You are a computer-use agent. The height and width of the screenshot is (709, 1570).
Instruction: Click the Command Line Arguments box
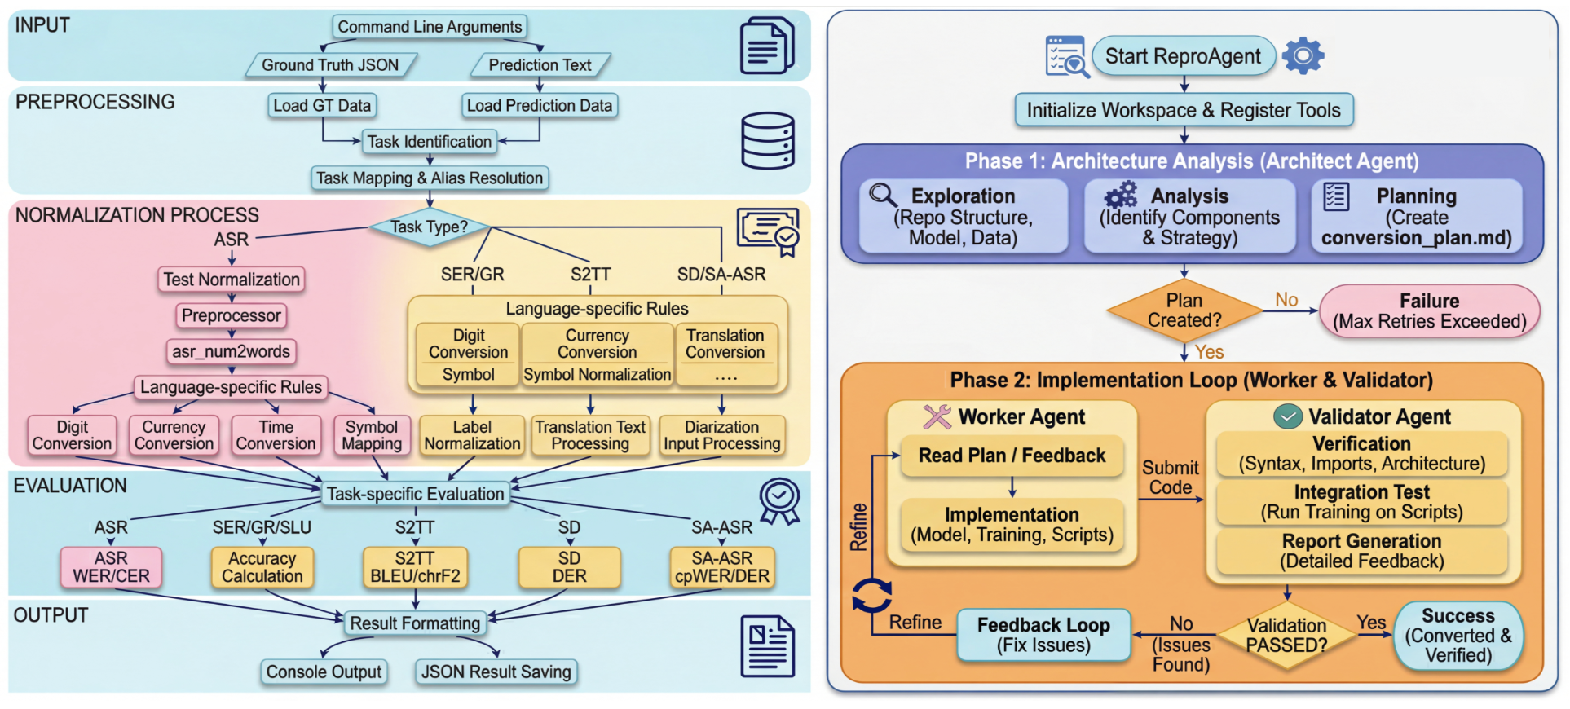tap(430, 27)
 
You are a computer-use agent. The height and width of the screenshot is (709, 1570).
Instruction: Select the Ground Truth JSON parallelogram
tap(331, 65)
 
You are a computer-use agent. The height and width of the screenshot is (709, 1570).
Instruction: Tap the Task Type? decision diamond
tap(429, 227)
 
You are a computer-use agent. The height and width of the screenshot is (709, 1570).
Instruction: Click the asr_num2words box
tap(232, 351)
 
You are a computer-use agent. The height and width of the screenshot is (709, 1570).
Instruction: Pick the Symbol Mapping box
tap(372, 435)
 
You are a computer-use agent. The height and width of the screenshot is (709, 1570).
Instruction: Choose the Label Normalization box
tap(472, 435)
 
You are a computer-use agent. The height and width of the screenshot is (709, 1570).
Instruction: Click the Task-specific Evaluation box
tap(416, 494)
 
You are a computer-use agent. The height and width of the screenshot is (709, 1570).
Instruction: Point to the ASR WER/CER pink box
tap(111, 567)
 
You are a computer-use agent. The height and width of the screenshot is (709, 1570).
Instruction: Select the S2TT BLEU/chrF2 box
tap(415, 567)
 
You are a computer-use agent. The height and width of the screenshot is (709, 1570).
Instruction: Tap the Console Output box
tap(324, 672)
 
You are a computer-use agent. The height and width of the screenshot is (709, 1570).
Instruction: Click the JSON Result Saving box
tap(496, 672)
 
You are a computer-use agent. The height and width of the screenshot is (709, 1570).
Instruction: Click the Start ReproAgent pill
tap(1184, 56)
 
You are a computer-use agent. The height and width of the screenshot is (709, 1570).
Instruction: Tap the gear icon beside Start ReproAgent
tap(1303, 55)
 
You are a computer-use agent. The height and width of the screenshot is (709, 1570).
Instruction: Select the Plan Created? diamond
tap(1184, 310)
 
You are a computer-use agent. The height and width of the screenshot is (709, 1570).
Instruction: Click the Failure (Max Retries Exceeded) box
tap(1430, 311)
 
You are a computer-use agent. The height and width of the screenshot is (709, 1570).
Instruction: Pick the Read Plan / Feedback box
tap(1012, 456)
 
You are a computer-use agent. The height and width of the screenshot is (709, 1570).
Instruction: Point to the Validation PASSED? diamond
tap(1287, 636)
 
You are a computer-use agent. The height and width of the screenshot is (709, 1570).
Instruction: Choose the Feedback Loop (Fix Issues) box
tap(1043, 635)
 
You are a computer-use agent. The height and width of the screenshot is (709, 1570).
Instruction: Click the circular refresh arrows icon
tap(871, 596)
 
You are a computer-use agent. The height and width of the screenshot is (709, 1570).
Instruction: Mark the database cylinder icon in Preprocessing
tap(767, 141)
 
